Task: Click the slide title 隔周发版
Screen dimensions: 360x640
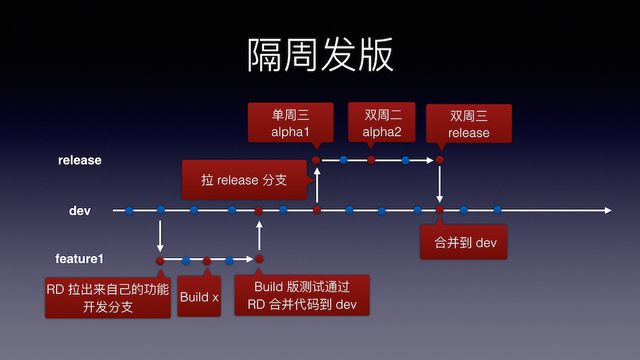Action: pos(320,55)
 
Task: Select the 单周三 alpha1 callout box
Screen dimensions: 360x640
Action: pos(290,122)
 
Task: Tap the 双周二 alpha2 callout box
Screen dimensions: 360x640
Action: pos(382,122)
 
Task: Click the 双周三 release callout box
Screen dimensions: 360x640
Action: pos(469,123)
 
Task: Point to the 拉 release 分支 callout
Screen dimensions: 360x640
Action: pos(244,180)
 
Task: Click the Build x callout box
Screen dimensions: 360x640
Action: pos(199,297)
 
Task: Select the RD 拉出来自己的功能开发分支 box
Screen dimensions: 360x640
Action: pos(107,298)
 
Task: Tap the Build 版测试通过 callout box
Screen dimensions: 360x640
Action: pos(302,295)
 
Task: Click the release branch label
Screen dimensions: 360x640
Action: pos(80,160)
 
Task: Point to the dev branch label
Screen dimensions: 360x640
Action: pos(80,211)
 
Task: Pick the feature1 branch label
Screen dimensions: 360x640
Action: pos(80,259)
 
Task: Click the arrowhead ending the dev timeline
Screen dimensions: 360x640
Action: pos(607,211)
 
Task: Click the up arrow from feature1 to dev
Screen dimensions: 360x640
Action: pos(259,235)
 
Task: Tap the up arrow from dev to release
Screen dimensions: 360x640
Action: pos(317,185)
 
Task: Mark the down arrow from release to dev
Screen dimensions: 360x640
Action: pos(439,185)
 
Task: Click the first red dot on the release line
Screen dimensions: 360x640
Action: pos(316,160)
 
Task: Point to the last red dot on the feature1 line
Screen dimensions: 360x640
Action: pos(259,259)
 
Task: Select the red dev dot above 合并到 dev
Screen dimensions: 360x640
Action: pos(439,210)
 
